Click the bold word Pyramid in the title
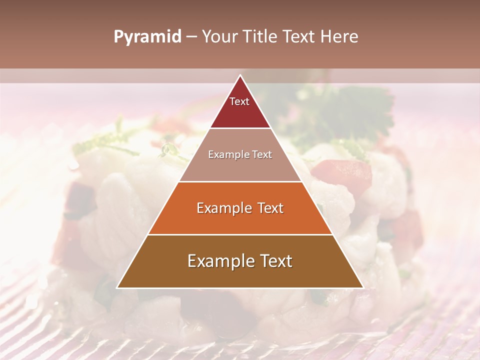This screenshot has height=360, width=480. [x=147, y=37]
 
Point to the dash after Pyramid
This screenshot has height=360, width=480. [x=191, y=37]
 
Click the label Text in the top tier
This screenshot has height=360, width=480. [x=239, y=101]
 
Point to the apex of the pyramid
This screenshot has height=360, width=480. [x=240, y=75]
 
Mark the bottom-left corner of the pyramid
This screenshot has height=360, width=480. [x=117, y=287]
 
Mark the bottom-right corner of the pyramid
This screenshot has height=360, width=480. [x=362, y=287]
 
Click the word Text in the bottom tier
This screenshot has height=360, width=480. [x=274, y=261]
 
